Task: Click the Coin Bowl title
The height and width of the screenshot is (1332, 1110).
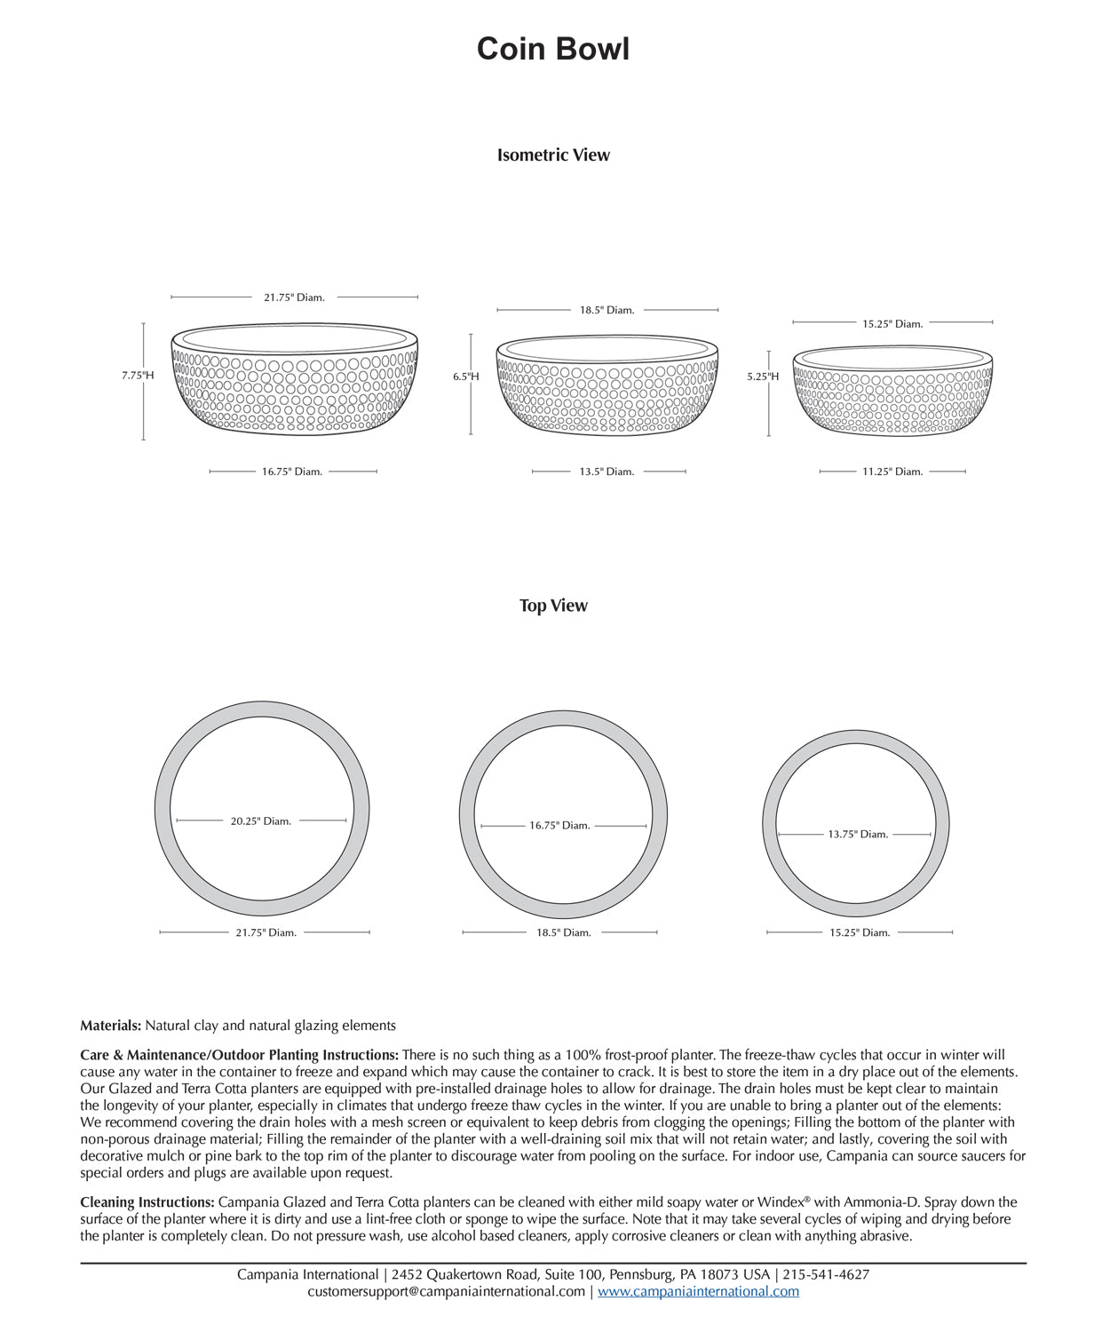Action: coord(552,49)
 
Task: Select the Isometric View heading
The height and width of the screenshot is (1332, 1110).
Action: coord(553,155)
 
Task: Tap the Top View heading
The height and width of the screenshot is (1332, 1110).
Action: coord(553,606)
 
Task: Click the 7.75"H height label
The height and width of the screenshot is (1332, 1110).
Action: coord(138,376)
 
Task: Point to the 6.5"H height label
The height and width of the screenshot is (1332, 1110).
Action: coord(466,377)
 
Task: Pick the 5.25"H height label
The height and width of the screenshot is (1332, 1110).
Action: coord(763,377)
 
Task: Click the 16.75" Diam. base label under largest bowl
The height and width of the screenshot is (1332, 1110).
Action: coord(292,472)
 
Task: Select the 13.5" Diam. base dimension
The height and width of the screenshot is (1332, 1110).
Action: coord(607,472)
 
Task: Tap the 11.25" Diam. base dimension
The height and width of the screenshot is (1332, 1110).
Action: coord(892,472)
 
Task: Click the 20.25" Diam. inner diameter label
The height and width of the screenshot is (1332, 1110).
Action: coord(261,821)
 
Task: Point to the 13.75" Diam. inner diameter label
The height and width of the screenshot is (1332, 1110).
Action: coord(858,835)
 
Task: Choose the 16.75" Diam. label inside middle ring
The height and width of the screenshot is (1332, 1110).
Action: coord(559,826)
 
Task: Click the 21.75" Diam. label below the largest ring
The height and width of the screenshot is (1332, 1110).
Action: coord(266,932)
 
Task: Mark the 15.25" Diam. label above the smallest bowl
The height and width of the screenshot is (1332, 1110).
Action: coord(892,324)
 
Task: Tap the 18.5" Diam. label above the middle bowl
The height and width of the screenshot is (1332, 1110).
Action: coord(607,311)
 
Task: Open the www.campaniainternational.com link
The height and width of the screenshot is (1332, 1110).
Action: coord(698,1292)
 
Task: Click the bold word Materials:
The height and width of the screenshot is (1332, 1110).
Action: coord(111,1026)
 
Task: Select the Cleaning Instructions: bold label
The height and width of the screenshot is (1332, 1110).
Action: coord(147,1202)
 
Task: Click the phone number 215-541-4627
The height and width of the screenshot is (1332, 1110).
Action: coord(826,1275)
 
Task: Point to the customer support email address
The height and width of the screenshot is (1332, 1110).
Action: coord(447,1292)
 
